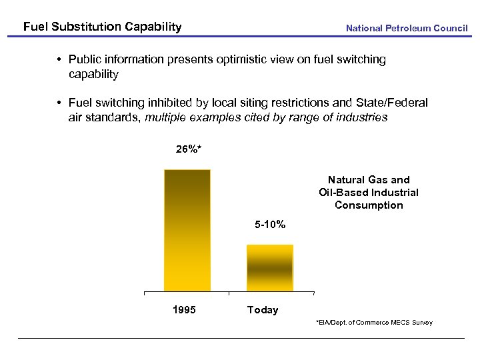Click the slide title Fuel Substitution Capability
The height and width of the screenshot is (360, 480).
[102, 27]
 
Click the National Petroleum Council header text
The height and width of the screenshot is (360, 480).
[407, 28]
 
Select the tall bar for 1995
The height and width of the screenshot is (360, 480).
[187, 230]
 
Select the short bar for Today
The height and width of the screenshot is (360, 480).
[269, 267]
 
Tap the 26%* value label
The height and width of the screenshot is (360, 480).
[189, 149]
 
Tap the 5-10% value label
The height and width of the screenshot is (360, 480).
[270, 225]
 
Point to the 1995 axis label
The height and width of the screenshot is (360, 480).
[184, 310]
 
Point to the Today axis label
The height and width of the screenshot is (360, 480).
[263, 310]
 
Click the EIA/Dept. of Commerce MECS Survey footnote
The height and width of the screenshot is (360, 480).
[374, 323]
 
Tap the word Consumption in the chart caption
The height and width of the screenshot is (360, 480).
[369, 205]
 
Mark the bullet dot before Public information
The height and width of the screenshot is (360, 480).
[59, 60]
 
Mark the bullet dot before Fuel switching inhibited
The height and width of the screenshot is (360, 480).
[59, 103]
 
